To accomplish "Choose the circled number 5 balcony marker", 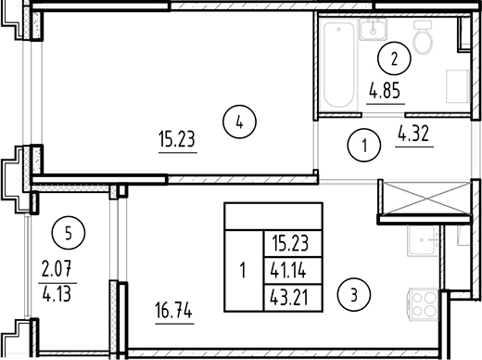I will click(63, 232).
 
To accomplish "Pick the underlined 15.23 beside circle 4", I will click(175, 142).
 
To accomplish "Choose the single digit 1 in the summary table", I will click(242, 272).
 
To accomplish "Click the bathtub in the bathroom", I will click(338, 65).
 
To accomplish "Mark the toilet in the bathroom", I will click(423, 40).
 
